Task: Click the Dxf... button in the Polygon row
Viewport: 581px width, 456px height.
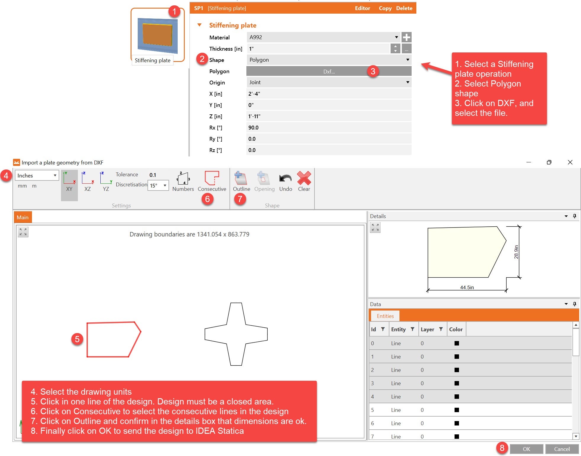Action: pyautogui.click(x=329, y=71)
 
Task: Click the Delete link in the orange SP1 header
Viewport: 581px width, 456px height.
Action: pyautogui.click(x=404, y=8)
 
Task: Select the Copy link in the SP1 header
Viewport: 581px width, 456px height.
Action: pyautogui.click(x=385, y=8)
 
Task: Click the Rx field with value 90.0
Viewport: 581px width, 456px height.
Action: pyautogui.click(x=329, y=128)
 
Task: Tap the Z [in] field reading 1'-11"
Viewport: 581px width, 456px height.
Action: pyautogui.click(x=329, y=116)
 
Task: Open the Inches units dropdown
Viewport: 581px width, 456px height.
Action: pyautogui.click(x=37, y=175)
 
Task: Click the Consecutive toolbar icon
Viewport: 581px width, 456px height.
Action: pyautogui.click(x=212, y=178)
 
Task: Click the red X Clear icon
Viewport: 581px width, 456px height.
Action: pyautogui.click(x=304, y=178)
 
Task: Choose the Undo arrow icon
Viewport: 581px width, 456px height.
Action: pyautogui.click(x=285, y=178)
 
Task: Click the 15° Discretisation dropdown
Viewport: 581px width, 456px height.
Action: pyautogui.click(x=158, y=185)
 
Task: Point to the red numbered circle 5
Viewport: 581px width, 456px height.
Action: pyautogui.click(x=77, y=339)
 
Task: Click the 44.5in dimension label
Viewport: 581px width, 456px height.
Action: pyautogui.click(x=467, y=287)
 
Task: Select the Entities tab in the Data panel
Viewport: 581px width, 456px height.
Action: pyautogui.click(x=385, y=316)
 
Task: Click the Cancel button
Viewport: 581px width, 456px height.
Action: pyautogui.click(x=562, y=449)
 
